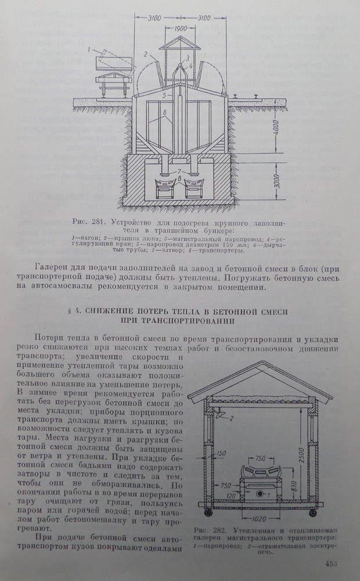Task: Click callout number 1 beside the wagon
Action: point(91,51)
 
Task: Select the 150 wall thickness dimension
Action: point(219,454)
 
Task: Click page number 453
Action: point(332,562)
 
